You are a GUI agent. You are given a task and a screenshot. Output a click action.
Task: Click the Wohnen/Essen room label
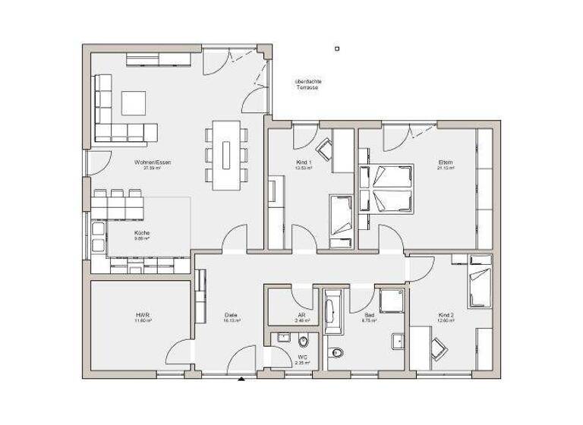coord(147,162)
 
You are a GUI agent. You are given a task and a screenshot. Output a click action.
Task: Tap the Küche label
coord(141,232)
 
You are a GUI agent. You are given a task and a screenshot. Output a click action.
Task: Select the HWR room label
coord(141,316)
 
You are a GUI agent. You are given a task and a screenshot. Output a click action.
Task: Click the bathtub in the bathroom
coord(332,311)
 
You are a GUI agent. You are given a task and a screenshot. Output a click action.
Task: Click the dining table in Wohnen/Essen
coord(226,155)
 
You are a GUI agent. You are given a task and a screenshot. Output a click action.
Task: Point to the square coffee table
coord(134,103)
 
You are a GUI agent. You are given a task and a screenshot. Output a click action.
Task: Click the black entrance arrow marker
coord(241,377)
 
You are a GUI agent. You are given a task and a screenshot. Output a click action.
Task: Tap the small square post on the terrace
coord(337,49)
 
